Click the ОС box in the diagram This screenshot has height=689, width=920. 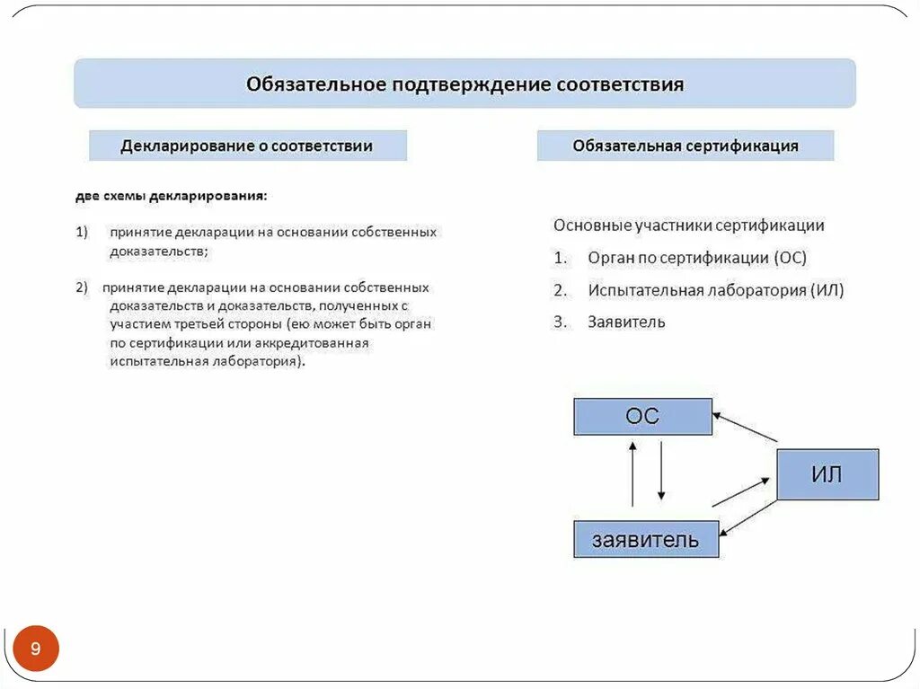(x=642, y=417)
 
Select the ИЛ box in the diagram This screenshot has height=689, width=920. (x=827, y=474)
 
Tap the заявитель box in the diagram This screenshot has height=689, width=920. (x=645, y=539)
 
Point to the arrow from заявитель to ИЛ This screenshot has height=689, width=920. (x=741, y=492)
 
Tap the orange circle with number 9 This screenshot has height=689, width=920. (x=36, y=649)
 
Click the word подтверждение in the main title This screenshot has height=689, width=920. (x=470, y=84)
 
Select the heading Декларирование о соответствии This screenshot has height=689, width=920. (x=247, y=146)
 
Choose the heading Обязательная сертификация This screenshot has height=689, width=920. (x=686, y=146)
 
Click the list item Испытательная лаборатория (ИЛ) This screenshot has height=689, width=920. (x=716, y=290)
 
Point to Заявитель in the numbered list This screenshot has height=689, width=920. (x=626, y=321)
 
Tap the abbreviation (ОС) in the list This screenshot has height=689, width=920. (x=790, y=258)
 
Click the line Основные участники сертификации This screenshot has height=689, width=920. (x=688, y=225)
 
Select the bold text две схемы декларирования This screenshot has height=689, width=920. (x=171, y=195)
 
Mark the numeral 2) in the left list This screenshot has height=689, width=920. (x=82, y=287)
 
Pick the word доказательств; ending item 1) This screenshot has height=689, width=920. (x=159, y=252)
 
